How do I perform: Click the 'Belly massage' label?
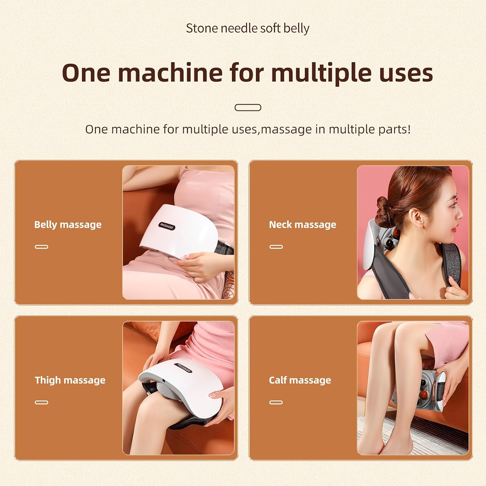tap(68, 225)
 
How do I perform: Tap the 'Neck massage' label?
tap(302, 225)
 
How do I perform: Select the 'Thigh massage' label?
tap(70, 380)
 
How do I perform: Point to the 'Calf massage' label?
tap(300, 380)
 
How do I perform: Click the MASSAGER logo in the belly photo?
tap(167, 226)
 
